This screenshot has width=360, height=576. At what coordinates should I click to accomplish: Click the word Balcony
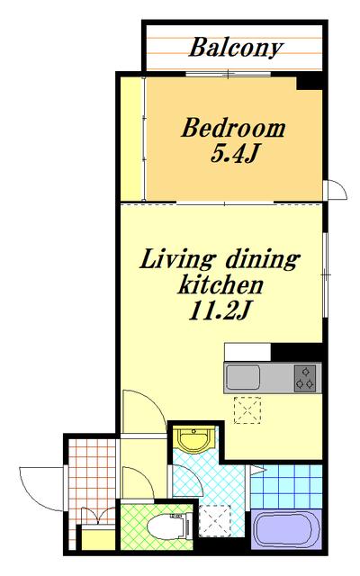[236, 48]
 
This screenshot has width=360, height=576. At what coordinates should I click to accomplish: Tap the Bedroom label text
[233, 129]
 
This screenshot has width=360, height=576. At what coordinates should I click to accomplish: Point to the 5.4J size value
[233, 155]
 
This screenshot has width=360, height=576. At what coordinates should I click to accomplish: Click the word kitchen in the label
[220, 285]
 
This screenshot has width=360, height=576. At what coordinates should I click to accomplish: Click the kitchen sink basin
[243, 378]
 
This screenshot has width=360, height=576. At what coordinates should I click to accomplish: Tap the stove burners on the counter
[305, 378]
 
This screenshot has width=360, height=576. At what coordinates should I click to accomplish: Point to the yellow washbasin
[193, 438]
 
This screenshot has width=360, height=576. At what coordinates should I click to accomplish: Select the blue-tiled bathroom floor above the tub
[287, 487]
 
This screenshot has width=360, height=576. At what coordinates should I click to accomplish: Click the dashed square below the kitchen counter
[247, 410]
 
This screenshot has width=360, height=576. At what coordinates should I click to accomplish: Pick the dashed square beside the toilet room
[214, 520]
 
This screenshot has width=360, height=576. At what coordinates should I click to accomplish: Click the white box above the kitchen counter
[247, 352]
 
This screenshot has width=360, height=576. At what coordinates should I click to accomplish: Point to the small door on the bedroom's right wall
[335, 190]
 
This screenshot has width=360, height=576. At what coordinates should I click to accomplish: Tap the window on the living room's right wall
[325, 274]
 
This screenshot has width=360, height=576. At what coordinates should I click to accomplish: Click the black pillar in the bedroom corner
[310, 81]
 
